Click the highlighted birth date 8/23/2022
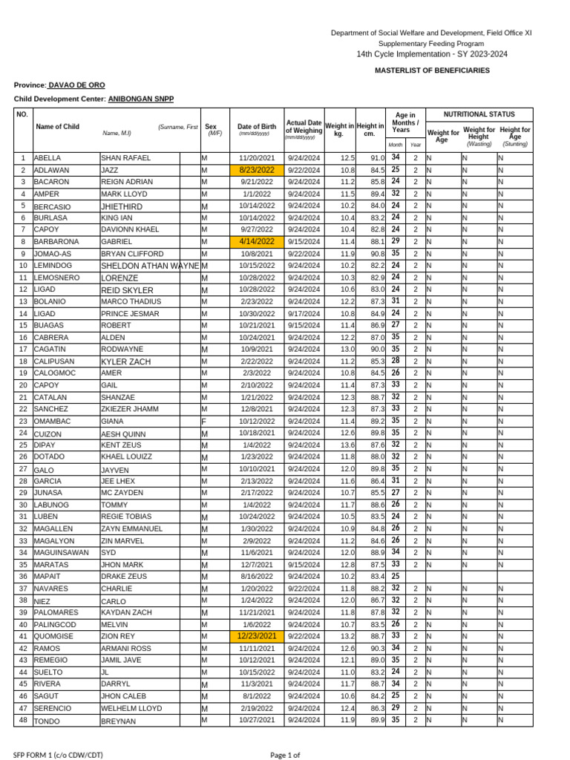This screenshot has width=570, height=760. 257,170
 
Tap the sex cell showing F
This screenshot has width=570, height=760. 203,421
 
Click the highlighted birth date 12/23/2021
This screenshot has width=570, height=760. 257,636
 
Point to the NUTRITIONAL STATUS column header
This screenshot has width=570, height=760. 479,115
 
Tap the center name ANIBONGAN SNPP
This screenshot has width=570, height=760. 141,99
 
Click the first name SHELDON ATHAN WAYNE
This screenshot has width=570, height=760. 150,266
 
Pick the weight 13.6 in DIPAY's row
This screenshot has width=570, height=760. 347,445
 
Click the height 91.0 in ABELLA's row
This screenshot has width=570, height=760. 377,158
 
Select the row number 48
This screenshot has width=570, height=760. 23,720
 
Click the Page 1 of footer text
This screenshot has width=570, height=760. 285,755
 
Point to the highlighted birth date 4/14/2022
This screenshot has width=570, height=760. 257,241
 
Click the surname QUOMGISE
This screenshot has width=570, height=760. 54,636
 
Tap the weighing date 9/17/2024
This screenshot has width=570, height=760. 304,313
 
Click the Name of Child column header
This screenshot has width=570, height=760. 57,127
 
